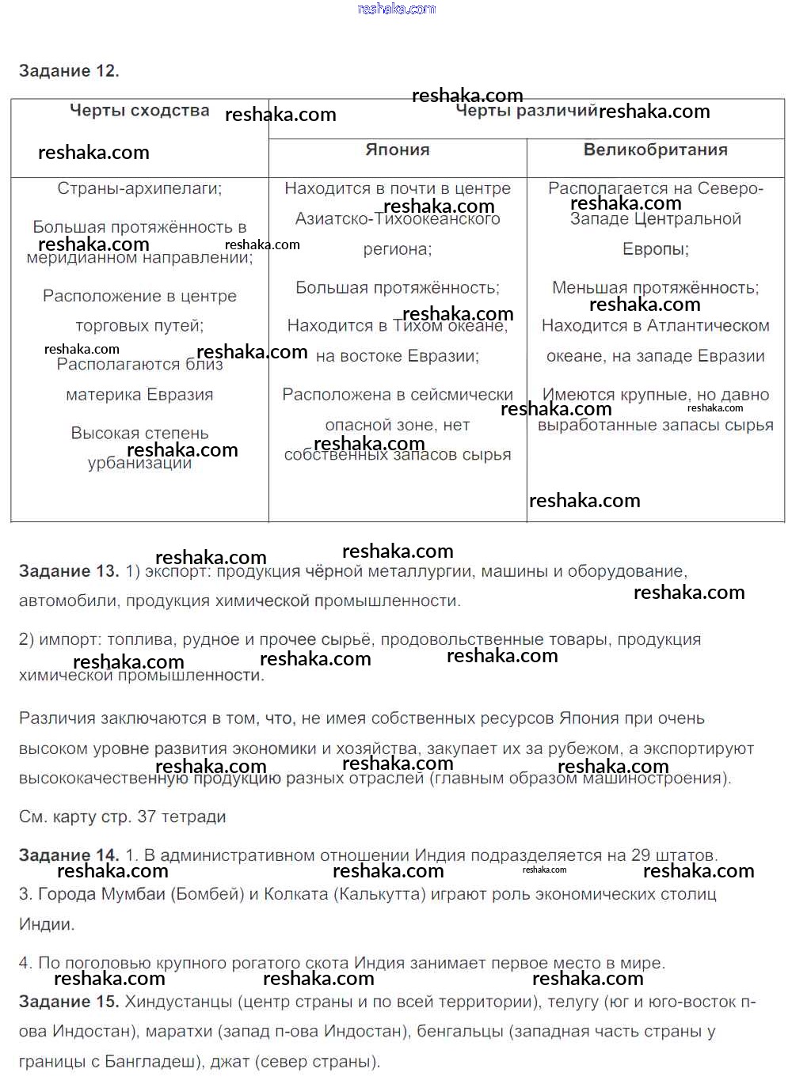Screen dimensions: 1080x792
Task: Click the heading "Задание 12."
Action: tap(69, 71)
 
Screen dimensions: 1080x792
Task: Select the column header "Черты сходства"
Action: tap(139, 111)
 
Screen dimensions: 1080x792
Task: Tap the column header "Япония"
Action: tap(398, 150)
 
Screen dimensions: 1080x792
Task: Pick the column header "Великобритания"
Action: tap(655, 150)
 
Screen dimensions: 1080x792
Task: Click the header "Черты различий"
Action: tap(526, 111)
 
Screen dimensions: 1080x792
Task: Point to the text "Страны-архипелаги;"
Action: tap(139, 188)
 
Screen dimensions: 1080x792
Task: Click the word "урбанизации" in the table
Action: tap(139, 464)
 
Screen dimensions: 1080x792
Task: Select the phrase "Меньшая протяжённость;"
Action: tap(655, 287)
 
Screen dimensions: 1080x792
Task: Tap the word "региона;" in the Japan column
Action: tap(398, 249)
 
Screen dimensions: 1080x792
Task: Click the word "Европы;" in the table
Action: tap(655, 249)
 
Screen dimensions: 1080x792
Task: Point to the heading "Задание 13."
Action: tap(69, 571)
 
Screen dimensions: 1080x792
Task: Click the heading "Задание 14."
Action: tap(69, 855)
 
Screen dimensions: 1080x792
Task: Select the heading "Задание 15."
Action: tap(69, 1002)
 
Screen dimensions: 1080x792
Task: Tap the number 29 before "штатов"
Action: tap(641, 855)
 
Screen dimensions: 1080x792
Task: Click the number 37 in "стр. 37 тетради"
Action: tap(147, 817)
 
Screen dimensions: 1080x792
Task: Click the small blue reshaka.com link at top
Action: tap(397, 9)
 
